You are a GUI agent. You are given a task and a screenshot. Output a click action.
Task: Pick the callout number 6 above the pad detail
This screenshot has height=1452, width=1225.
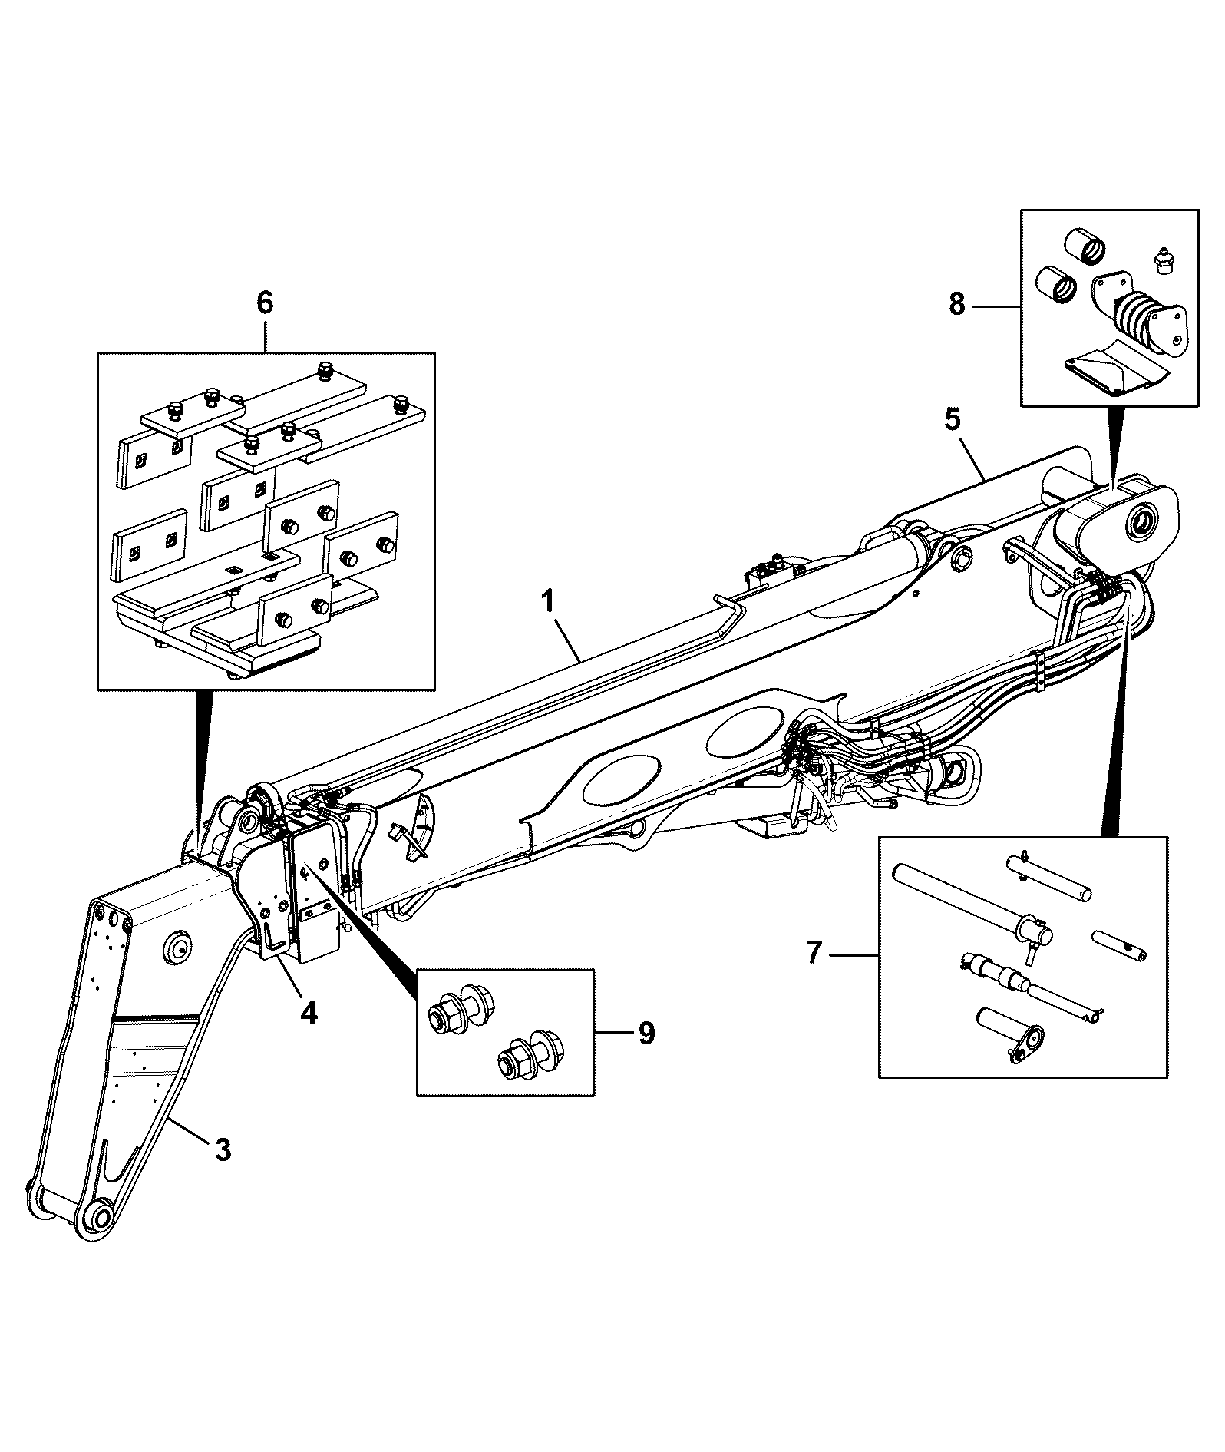(264, 303)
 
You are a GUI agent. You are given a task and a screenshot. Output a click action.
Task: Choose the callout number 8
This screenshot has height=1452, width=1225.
(956, 305)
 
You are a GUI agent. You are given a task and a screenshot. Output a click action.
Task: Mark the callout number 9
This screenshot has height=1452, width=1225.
(646, 1033)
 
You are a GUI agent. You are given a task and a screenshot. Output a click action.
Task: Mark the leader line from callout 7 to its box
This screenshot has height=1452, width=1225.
(854, 954)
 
